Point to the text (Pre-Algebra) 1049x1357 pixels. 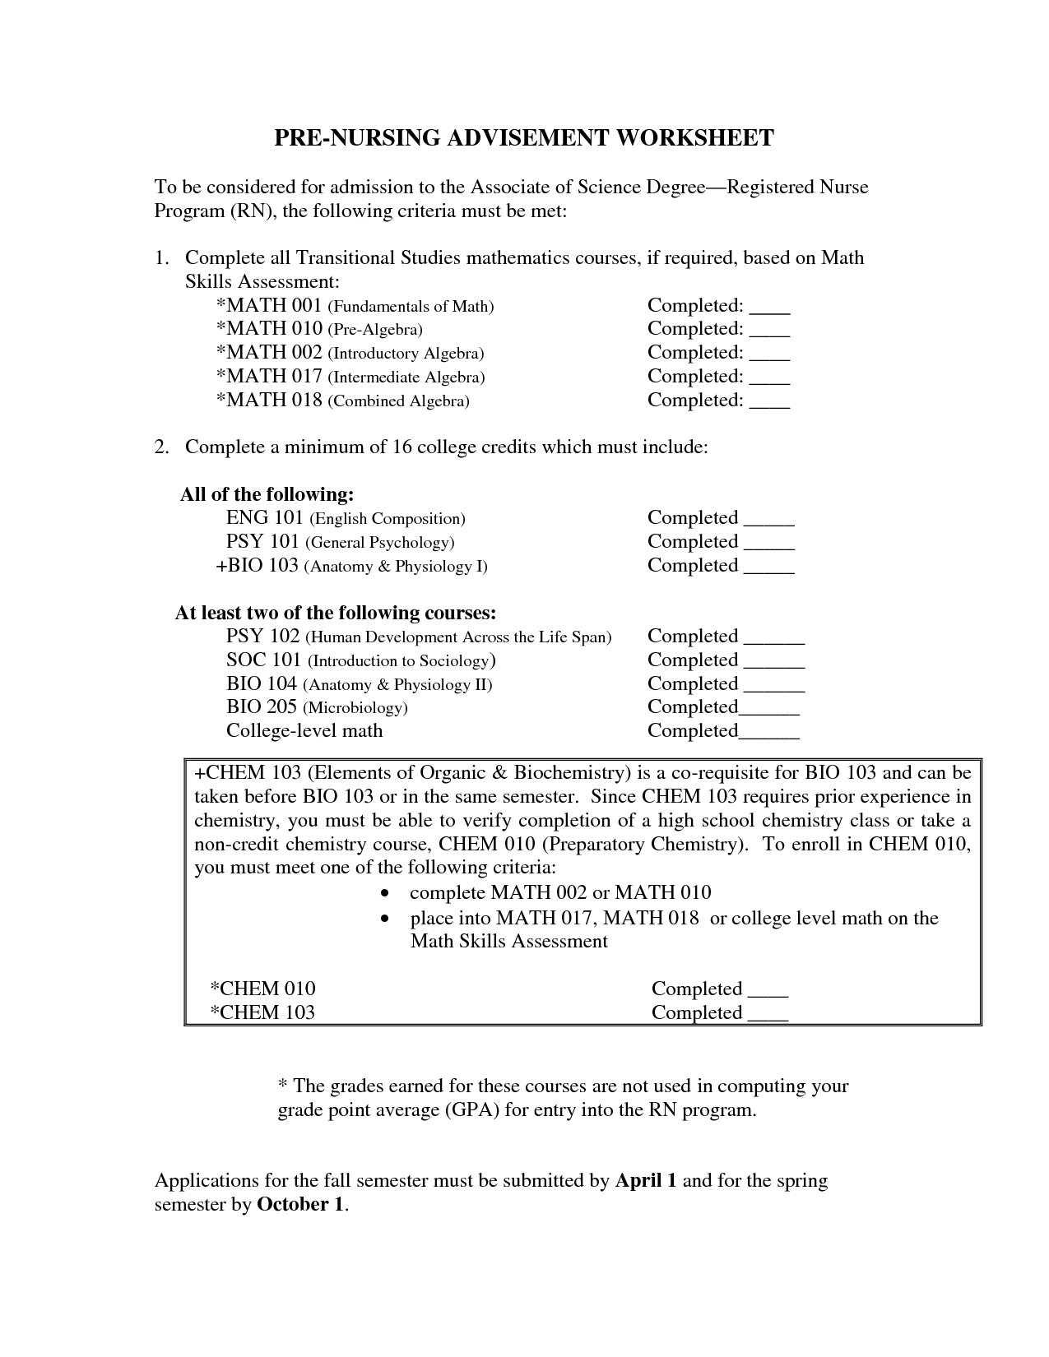click(375, 330)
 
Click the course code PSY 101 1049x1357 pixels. click(262, 542)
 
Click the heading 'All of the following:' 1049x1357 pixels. click(267, 494)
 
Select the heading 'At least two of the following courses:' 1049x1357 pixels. click(336, 613)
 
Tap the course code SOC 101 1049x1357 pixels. click(264, 660)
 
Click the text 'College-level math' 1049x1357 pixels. click(304, 730)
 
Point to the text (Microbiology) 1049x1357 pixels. click(355, 708)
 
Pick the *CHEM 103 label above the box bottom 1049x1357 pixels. click(263, 1012)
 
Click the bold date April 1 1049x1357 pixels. click(646, 1181)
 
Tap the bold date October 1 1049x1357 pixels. click(301, 1205)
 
